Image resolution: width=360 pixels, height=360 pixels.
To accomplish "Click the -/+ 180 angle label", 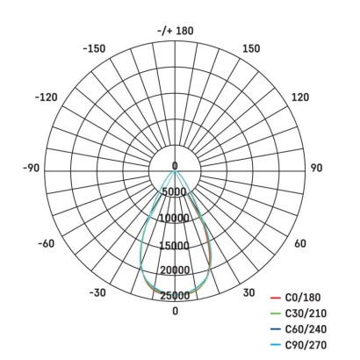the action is click(x=176, y=31).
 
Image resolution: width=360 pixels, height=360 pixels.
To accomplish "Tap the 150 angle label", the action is click(x=251, y=48).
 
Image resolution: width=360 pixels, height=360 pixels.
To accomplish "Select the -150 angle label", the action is click(x=94, y=48).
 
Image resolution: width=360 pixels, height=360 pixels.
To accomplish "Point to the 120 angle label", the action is click(x=300, y=97).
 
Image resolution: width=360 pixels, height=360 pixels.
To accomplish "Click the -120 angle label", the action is click(x=47, y=97).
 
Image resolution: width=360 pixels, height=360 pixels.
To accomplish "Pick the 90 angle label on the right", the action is click(x=316, y=168).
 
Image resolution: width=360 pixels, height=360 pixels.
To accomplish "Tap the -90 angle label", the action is click(x=31, y=168).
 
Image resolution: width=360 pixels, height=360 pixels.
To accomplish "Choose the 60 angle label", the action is click(x=300, y=243).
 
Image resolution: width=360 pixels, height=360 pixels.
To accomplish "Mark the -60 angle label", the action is click(x=47, y=243).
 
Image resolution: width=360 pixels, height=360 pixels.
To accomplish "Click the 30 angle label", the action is click(x=248, y=292).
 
